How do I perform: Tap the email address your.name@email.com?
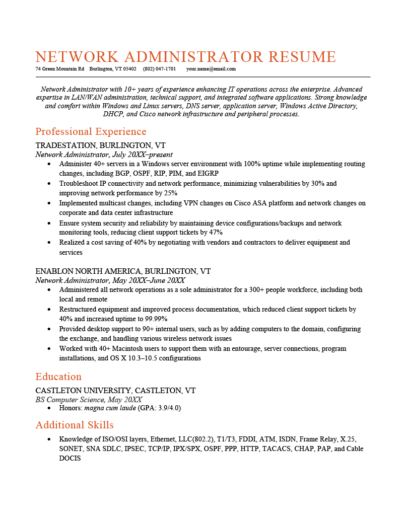tap(211, 69)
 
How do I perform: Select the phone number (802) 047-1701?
tap(159, 69)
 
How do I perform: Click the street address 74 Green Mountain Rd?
tap(59, 69)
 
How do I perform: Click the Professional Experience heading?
tap(91, 132)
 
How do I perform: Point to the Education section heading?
tap(58, 377)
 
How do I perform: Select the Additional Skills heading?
tap(75, 425)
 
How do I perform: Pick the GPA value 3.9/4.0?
tap(167, 408)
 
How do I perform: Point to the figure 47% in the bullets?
tap(216, 233)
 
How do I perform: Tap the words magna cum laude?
tap(110, 408)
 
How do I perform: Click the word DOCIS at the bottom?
tap(70, 459)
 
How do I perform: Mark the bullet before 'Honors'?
tap(48, 408)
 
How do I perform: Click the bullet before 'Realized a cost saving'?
tap(48, 243)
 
